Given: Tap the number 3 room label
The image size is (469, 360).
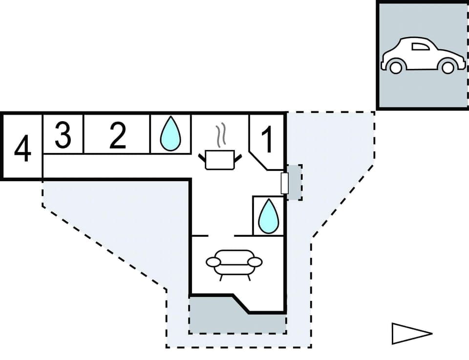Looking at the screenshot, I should coord(63,135).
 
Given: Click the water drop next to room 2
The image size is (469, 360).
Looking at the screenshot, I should coord(171,134).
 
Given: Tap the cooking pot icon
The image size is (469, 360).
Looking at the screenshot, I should coord(220,160).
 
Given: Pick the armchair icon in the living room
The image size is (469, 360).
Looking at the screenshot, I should coord(234,264).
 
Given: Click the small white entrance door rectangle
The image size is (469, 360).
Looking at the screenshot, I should coord(285,182).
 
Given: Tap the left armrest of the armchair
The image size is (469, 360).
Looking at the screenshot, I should coord(213,262).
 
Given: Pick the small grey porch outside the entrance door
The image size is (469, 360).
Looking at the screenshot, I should coord(295,182).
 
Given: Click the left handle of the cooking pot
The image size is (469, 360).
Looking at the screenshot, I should coord(203,157).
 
